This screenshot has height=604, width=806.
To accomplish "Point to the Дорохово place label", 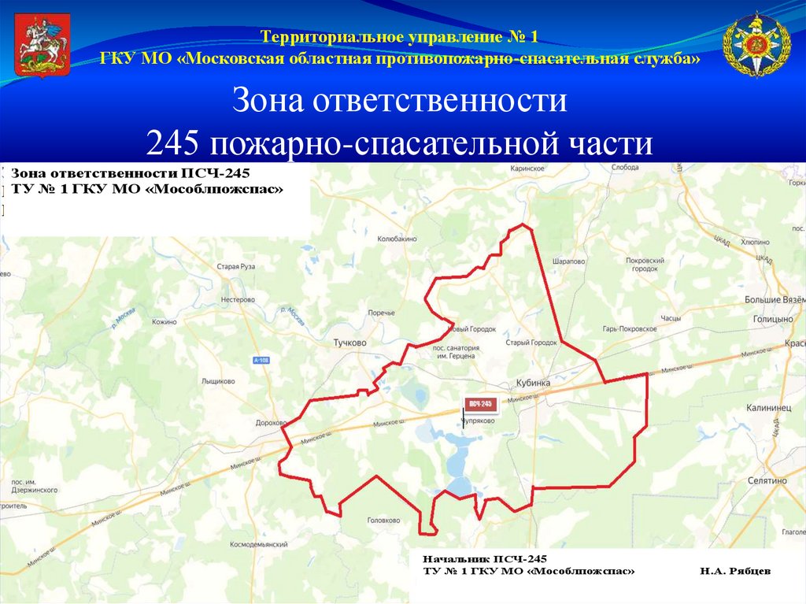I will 272,423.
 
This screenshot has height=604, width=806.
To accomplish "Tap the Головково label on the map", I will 385,521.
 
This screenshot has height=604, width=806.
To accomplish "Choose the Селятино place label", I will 767,480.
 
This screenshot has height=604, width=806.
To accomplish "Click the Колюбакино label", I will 397,238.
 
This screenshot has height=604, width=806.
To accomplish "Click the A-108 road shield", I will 261,360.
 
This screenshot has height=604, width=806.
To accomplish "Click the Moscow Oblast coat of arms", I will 43,47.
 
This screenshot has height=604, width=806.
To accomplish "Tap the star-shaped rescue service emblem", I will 756,45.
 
